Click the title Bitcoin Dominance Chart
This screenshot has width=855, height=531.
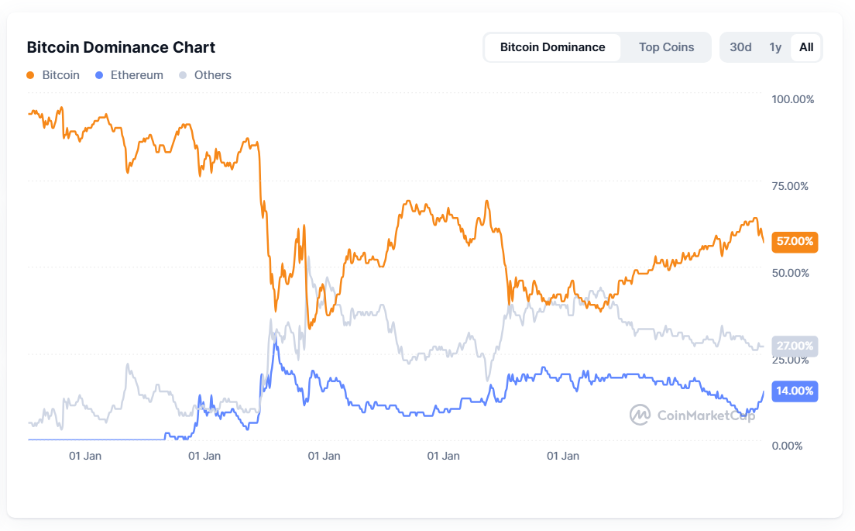121,47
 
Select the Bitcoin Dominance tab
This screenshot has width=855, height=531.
552,47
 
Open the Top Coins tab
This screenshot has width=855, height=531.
666,47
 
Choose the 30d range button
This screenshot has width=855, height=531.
740,47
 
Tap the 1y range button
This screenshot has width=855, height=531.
775,47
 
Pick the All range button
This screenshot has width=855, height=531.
806,47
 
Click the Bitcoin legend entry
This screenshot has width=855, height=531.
53,75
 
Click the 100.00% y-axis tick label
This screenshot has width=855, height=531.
792,99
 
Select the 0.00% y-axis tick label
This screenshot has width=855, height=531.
786,446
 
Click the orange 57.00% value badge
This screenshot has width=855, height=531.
795,242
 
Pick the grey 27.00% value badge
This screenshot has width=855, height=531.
795,346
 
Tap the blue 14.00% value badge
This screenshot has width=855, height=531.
795,391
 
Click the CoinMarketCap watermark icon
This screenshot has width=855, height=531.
640,415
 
